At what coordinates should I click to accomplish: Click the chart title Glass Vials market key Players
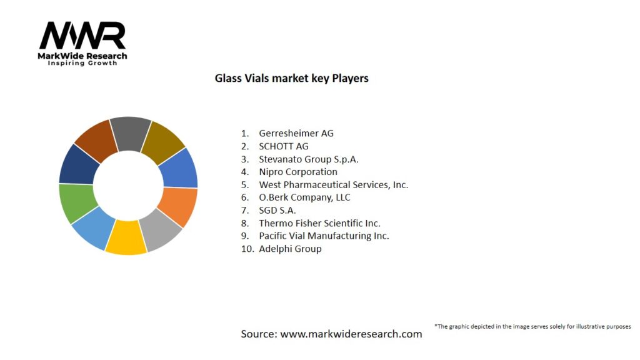[291, 79]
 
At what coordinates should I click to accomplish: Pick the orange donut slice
[178, 206]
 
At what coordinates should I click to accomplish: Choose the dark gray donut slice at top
[130, 134]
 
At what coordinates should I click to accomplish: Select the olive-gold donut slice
[162, 142]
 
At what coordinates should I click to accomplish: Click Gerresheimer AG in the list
[296, 133]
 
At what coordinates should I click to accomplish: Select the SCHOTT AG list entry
[284, 146]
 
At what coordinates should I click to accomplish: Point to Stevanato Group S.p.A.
[309, 159]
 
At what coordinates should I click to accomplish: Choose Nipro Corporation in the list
[298, 172]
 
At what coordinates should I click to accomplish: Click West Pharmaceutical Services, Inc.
[333, 184]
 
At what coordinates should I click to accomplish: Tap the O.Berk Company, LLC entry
[304, 197]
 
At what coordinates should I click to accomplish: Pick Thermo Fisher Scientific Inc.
[319, 223]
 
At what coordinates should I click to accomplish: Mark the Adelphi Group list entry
[290, 249]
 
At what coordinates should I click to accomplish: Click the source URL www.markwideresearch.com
[351, 334]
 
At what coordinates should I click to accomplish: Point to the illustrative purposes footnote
[532, 326]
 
